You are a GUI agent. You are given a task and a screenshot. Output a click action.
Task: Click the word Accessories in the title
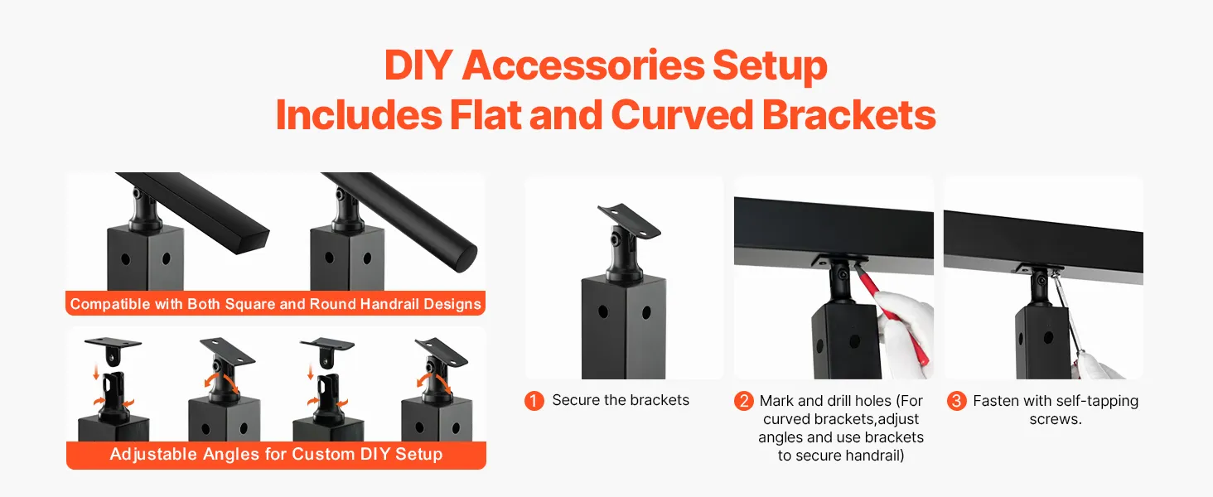click(583, 65)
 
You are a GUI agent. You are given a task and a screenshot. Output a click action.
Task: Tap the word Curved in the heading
click(682, 115)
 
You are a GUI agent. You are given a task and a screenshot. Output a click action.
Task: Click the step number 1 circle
click(534, 401)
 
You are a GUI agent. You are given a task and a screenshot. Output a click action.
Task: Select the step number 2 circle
click(743, 401)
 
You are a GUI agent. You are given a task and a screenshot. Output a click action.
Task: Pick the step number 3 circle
click(956, 401)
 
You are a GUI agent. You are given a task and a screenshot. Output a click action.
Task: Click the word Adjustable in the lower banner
click(153, 454)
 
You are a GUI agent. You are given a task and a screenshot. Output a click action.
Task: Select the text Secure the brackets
click(621, 400)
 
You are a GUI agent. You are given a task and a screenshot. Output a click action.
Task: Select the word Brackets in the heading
click(849, 115)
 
